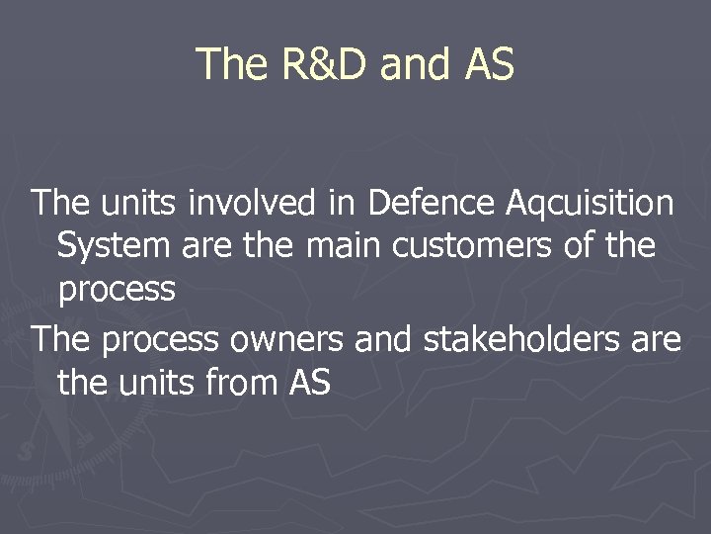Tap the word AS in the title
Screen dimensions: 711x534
(x=488, y=64)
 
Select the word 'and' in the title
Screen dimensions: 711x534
(x=414, y=64)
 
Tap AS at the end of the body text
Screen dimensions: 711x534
(x=310, y=381)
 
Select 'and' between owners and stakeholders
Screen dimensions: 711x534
(x=384, y=339)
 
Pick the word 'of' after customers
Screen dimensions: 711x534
(x=578, y=244)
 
